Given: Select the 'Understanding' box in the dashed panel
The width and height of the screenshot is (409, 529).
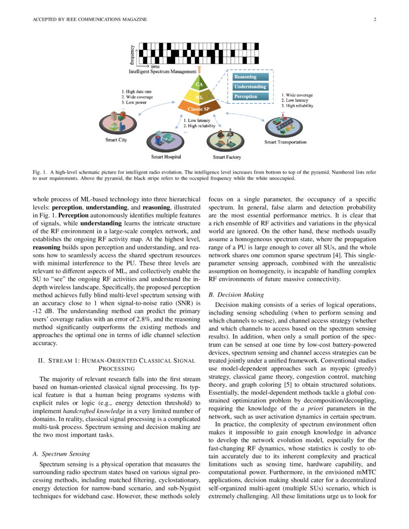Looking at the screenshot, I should click(250, 87).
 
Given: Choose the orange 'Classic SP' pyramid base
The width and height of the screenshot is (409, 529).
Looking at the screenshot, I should click(198, 109).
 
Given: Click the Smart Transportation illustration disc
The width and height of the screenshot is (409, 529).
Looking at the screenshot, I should click(284, 126).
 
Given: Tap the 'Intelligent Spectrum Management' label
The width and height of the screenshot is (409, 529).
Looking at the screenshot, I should click(163, 72).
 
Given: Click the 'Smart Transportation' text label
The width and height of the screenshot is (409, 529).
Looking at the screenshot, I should click(285, 142).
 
